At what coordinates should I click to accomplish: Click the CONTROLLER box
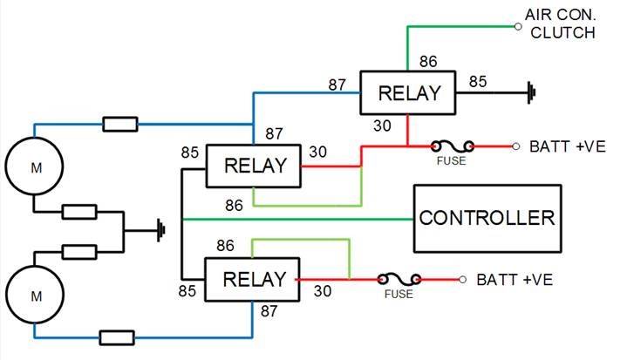(487, 216)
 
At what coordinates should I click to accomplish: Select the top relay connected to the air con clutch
(409, 93)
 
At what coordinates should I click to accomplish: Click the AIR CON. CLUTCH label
(560, 24)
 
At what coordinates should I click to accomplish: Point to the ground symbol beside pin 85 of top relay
(528, 90)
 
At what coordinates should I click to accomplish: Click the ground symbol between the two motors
(160, 231)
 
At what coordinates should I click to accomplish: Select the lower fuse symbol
(399, 279)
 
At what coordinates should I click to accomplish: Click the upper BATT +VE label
(568, 146)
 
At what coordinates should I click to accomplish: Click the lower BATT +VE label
(515, 280)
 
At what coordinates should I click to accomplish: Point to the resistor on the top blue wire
(119, 124)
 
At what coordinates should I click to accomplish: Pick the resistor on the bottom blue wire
(117, 336)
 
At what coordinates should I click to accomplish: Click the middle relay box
(254, 165)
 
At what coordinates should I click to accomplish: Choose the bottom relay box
(252, 279)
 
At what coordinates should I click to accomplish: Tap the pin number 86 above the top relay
(428, 64)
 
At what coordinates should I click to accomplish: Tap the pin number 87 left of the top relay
(338, 84)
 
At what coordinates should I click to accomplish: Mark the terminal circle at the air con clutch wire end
(517, 27)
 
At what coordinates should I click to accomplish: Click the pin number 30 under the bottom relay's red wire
(322, 292)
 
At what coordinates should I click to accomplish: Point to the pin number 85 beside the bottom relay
(188, 290)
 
